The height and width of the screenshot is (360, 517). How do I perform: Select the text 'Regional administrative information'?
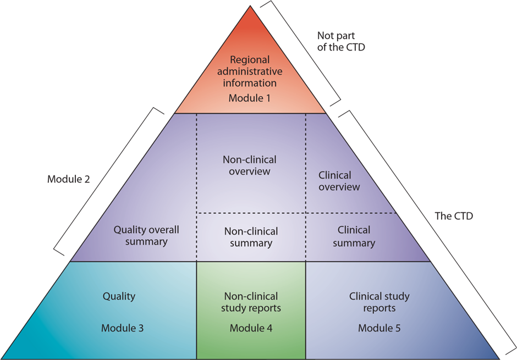pyautogui.click(x=250, y=71)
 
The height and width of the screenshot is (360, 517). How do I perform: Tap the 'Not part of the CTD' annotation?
pyautogui.click(x=341, y=41)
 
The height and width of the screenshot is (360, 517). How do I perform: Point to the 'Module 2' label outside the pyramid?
pyautogui.click(x=69, y=179)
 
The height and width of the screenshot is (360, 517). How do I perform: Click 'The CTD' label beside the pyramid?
pyautogui.click(x=454, y=216)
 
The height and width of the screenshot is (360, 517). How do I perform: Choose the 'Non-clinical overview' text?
pyautogui.click(x=250, y=165)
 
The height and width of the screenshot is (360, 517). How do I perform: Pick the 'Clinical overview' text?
pyautogui.click(x=339, y=181)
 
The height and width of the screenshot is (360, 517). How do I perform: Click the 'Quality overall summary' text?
pyautogui.click(x=146, y=236)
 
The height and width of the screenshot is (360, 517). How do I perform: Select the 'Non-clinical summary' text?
pyautogui.click(x=250, y=237)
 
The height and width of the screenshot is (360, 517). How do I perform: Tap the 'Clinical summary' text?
pyautogui.click(x=354, y=236)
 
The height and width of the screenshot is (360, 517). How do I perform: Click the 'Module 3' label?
pyautogui.click(x=122, y=328)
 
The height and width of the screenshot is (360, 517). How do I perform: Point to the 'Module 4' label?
pyautogui.click(x=251, y=328)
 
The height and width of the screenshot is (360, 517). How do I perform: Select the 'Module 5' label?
pyautogui.click(x=380, y=328)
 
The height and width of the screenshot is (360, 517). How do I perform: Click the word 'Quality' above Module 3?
pyautogui.click(x=119, y=296)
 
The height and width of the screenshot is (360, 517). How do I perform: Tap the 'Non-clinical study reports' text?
pyautogui.click(x=251, y=302)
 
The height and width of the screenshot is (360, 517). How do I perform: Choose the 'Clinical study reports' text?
pyautogui.click(x=380, y=302)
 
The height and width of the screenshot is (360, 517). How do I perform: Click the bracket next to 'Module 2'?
pyautogui.click(x=109, y=181)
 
